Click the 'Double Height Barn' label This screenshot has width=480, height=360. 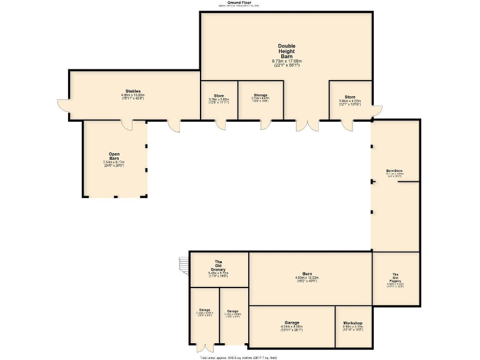[x=287, y=51]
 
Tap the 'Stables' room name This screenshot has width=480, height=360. [x=132, y=91]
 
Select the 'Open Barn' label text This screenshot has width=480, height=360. [x=114, y=156]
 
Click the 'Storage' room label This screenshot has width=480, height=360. [x=261, y=95]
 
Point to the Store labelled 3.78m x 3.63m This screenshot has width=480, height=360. [x=219, y=95]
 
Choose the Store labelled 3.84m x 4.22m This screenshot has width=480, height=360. [x=350, y=97]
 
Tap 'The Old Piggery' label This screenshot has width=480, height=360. [x=396, y=278]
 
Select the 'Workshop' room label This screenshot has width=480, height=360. [x=352, y=323]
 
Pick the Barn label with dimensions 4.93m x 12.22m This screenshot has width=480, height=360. [x=307, y=274]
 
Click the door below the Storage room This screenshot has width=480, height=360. [x=265, y=125]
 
